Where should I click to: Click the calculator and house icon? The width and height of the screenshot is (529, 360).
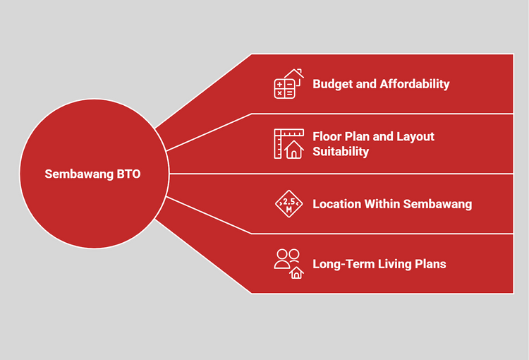(288, 83)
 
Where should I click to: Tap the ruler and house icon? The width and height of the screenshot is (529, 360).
(288, 143)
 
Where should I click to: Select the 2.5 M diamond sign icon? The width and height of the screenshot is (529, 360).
(288, 203)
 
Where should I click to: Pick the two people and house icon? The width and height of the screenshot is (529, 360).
(288, 263)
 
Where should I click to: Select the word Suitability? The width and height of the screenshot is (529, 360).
(341, 151)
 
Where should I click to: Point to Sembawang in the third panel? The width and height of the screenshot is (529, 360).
(439, 204)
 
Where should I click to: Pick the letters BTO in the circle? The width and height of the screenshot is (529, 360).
(129, 174)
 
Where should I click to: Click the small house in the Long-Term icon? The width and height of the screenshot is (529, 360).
(296, 272)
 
